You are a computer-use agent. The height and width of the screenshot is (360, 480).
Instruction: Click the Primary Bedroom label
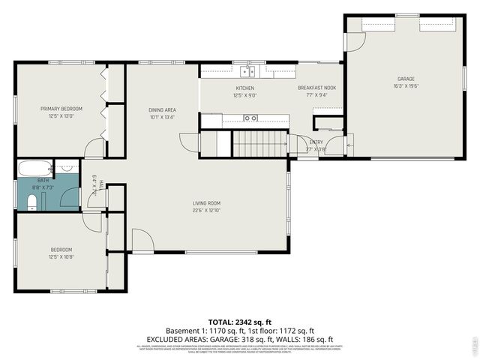tap(61, 109)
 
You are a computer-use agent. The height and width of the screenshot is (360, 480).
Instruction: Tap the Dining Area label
tap(162, 110)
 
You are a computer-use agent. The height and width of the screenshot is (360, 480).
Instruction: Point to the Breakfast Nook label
tap(321, 88)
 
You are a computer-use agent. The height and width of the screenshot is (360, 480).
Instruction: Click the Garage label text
tap(406, 79)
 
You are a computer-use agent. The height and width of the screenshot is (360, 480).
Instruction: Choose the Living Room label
tap(206, 203)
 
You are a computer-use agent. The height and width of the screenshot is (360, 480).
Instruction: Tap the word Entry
tap(316, 142)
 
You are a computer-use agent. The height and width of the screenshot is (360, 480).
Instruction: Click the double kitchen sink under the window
tap(247, 72)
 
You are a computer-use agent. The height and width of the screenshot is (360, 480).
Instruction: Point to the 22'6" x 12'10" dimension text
tap(206, 210)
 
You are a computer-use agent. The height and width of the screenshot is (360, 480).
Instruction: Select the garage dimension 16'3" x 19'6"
tap(406, 86)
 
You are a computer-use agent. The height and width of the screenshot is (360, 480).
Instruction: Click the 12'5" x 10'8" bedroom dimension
tap(61, 257)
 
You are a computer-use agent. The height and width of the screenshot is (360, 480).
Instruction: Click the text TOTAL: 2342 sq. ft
tap(240, 320)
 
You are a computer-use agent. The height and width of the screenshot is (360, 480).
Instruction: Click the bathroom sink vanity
tap(67, 168)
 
